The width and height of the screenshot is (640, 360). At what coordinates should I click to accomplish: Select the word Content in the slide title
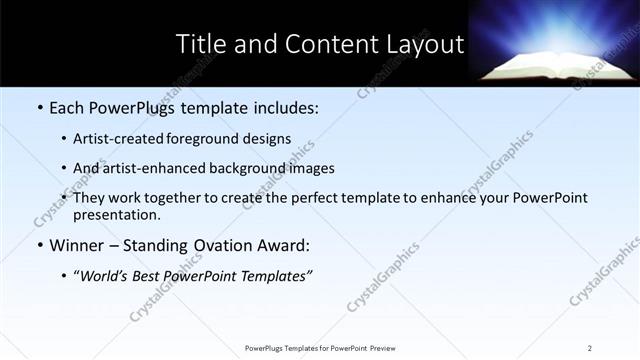point(328,45)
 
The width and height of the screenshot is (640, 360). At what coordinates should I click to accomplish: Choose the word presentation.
point(115,214)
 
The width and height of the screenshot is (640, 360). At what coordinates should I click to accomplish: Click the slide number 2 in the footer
point(590,347)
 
